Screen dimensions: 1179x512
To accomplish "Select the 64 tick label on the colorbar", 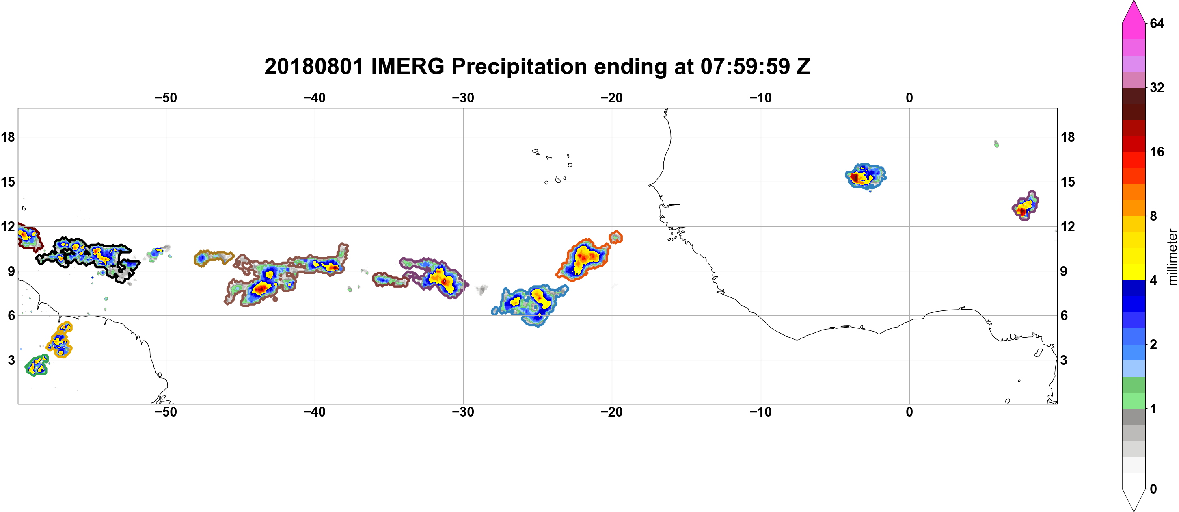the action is [1157, 23].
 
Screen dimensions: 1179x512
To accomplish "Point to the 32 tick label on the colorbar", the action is [1157, 87].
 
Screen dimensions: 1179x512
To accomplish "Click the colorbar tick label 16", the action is [1157, 152].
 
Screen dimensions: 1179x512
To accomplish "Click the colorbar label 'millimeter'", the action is [1172, 257].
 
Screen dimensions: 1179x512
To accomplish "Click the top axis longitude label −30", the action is [463, 98].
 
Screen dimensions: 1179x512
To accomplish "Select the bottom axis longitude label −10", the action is [761, 412].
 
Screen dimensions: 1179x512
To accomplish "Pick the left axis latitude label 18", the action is [8, 137].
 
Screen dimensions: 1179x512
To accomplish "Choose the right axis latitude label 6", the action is [1064, 316].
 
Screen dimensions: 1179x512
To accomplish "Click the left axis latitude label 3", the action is [11, 360].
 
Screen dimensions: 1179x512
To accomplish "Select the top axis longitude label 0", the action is [909, 98].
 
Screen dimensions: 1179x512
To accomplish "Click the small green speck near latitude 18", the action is [996, 144].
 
